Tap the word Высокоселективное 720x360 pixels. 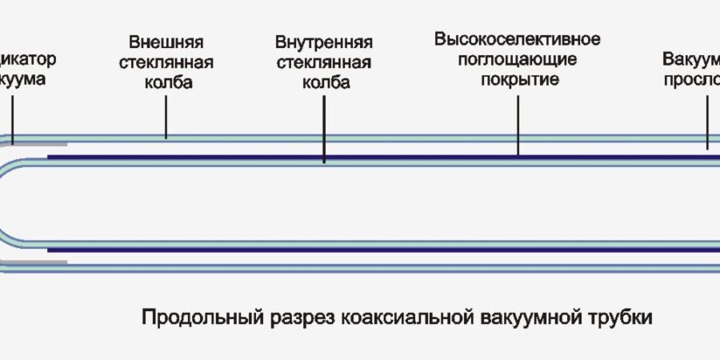(x=518, y=38)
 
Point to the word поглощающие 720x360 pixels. (x=518, y=59)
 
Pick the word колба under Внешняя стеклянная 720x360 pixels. (x=166, y=83)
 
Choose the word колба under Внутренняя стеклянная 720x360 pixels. (x=323, y=83)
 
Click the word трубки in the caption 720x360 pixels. (x=625, y=318)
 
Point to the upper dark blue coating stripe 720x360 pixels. (x=384, y=157)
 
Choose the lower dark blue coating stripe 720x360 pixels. (x=384, y=250)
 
